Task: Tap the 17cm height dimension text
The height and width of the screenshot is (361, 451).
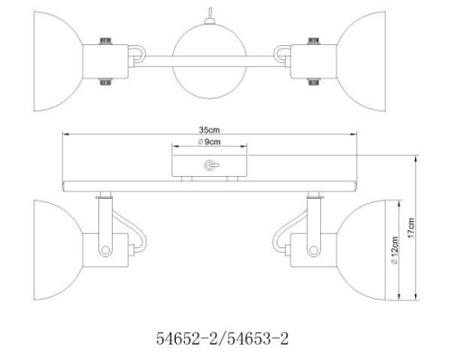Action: click(x=412, y=227)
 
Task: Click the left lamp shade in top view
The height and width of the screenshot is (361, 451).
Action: click(x=56, y=59)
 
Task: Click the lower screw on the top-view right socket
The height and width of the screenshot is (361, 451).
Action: click(x=315, y=81)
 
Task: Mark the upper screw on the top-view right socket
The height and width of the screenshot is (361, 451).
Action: click(x=315, y=39)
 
